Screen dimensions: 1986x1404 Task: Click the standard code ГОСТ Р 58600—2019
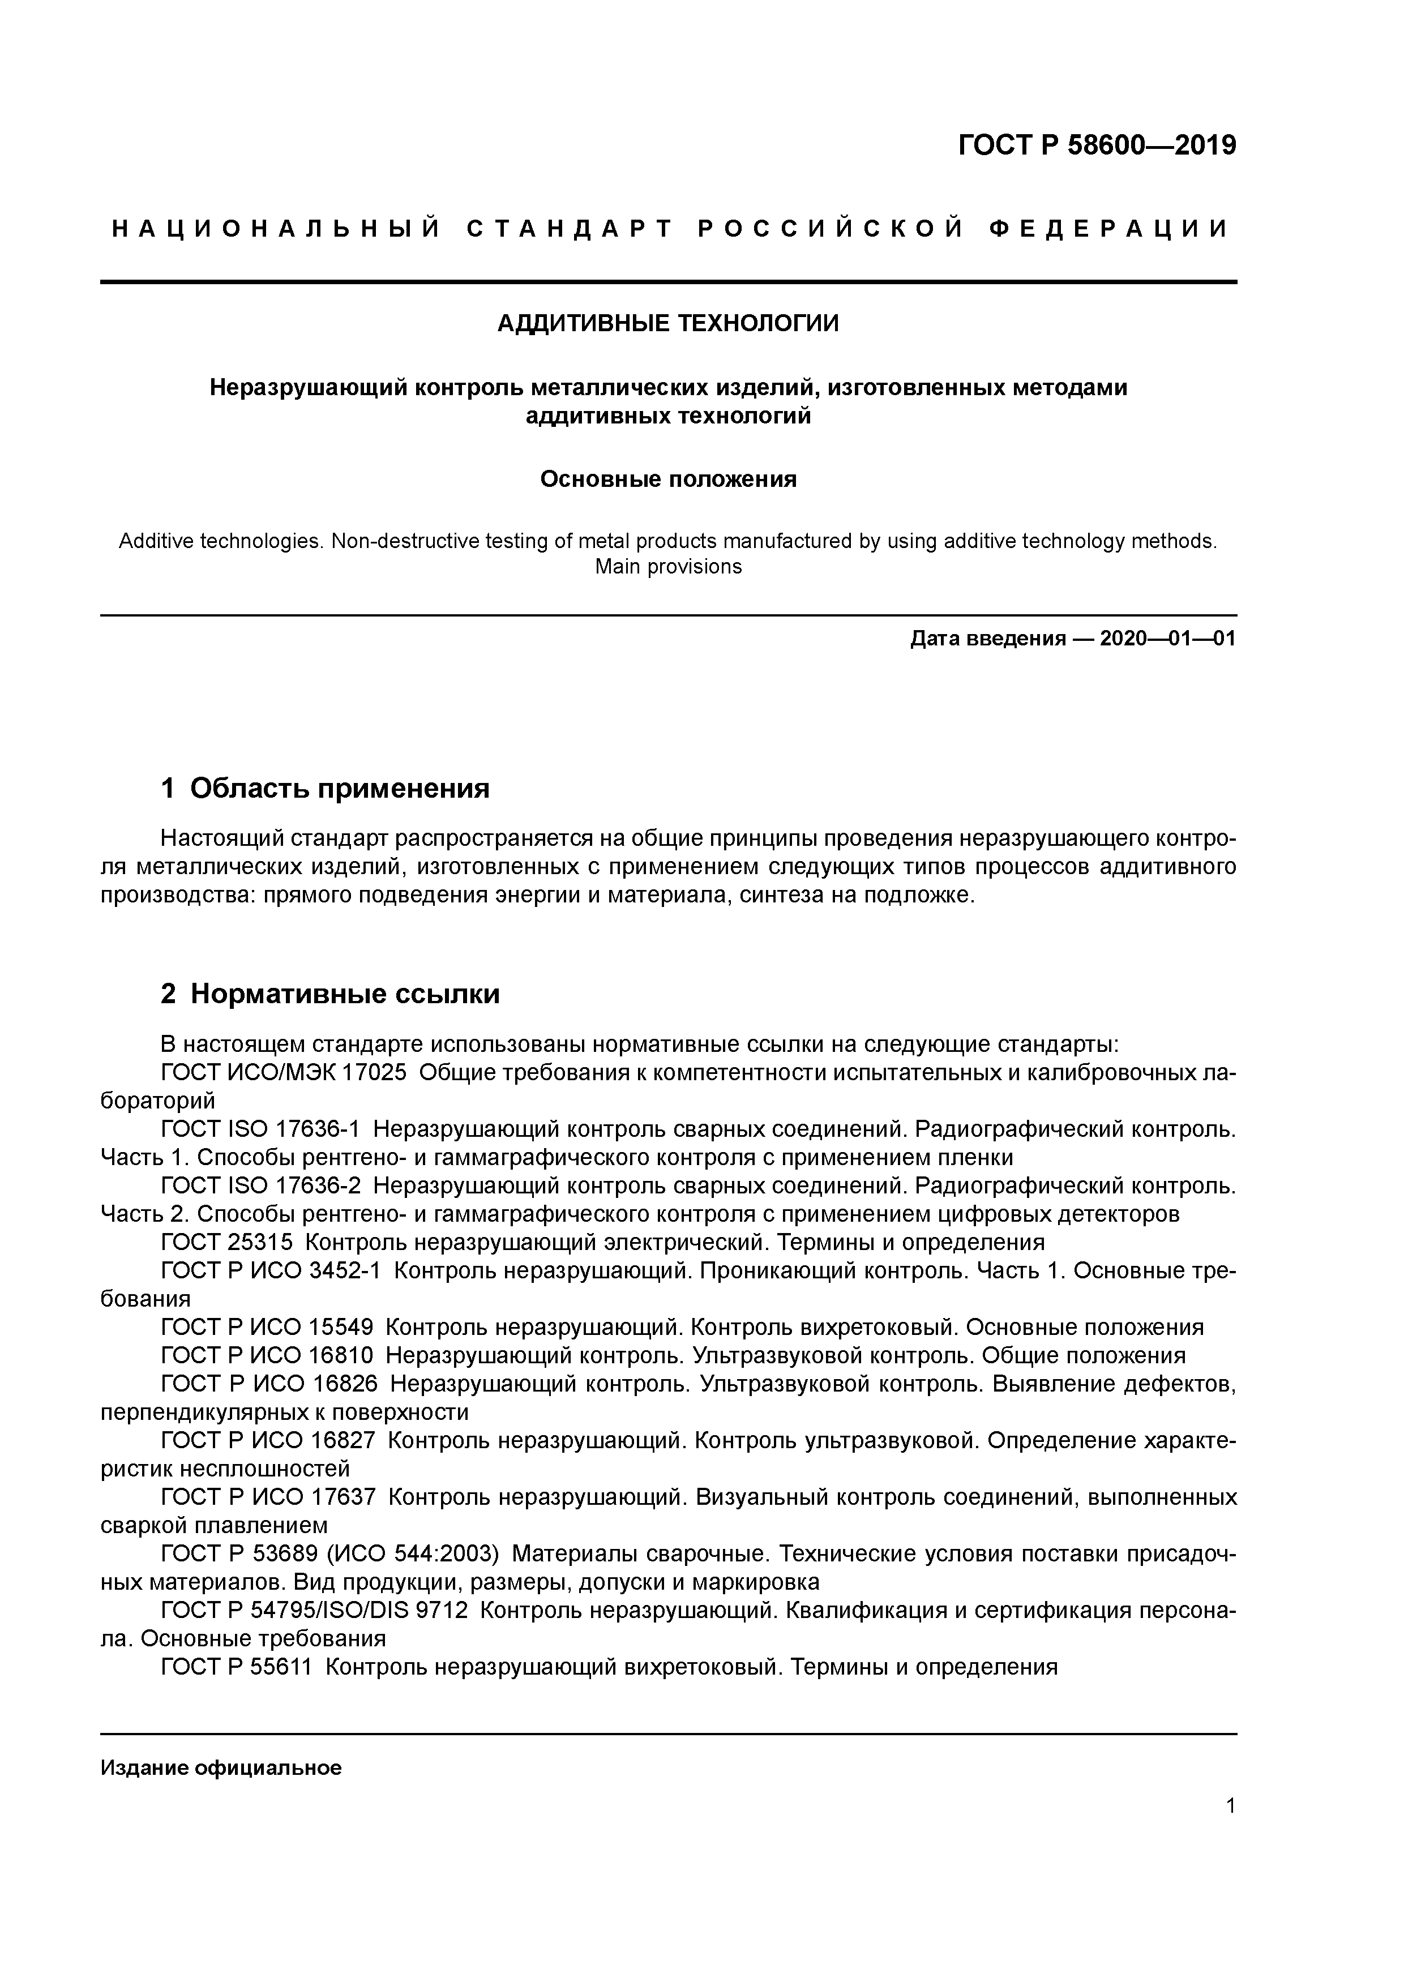[1097, 145]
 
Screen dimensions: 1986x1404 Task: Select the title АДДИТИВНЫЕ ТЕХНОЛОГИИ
[668, 323]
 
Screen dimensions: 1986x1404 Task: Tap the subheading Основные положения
[668, 479]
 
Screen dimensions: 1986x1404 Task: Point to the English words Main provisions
[668, 567]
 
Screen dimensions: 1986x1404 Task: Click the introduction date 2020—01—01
[1168, 639]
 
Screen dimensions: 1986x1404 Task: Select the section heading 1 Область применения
[326, 788]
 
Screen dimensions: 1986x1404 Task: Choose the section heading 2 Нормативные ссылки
[331, 995]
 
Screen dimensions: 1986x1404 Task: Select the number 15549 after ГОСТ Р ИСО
[342, 1328]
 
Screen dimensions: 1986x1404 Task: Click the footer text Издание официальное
[221, 1768]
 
